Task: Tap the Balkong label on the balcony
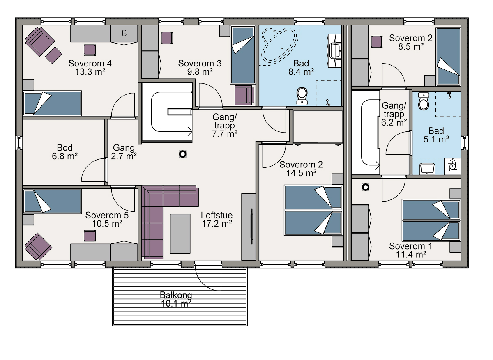click(176, 295)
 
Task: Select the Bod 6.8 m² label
click(65, 152)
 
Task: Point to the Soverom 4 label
click(90, 64)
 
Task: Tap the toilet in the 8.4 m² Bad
click(302, 96)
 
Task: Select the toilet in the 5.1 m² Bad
click(424, 101)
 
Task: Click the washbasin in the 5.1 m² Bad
click(427, 169)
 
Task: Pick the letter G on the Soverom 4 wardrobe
click(124, 33)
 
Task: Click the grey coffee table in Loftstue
click(180, 234)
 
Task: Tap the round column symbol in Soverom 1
click(366, 187)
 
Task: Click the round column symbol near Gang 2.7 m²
click(183, 154)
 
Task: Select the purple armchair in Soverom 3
click(244, 96)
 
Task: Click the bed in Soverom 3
click(243, 55)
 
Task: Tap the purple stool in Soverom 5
click(90, 236)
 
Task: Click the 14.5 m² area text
click(301, 173)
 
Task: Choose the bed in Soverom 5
click(53, 202)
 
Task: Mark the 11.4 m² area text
click(411, 255)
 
